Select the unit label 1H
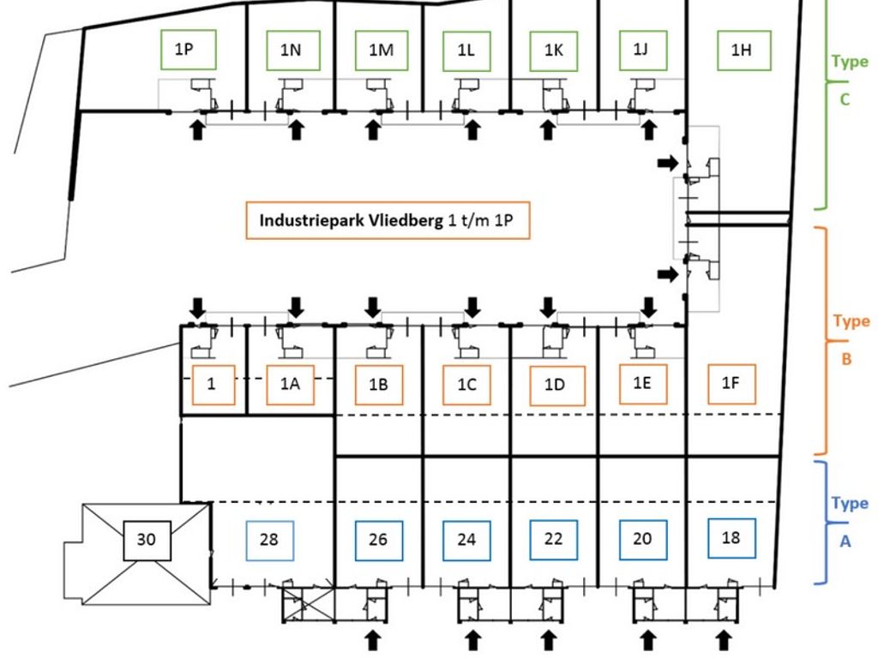[x=742, y=50]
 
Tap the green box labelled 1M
[x=381, y=50]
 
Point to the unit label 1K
[x=554, y=50]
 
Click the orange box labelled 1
[x=211, y=386]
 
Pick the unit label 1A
[x=290, y=386]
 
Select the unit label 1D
[x=555, y=386]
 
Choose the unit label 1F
[x=730, y=383]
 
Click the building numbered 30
[x=147, y=540]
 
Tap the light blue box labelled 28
[x=269, y=540]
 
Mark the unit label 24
[x=466, y=540]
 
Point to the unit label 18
[x=731, y=538]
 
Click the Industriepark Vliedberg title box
[x=388, y=220]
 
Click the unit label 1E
[x=642, y=383]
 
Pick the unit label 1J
[x=641, y=50]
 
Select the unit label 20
[x=642, y=539]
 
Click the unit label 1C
[x=466, y=386]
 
